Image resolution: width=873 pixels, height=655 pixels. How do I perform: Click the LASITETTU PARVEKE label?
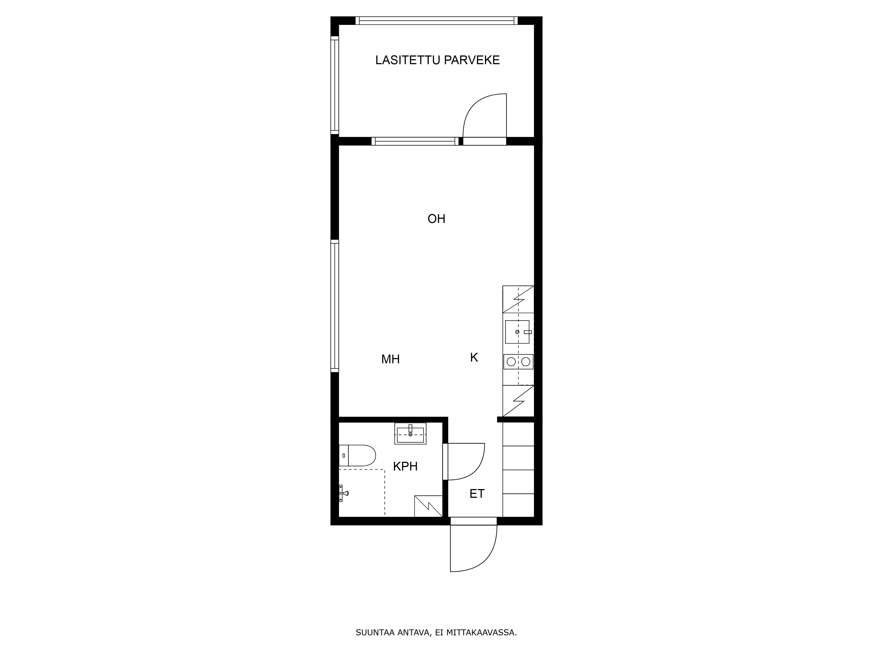click(x=437, y=60)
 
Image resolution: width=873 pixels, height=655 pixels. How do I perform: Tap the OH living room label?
click(x=436, y=219)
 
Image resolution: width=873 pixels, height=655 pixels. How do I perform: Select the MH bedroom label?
click(x=390, y=359)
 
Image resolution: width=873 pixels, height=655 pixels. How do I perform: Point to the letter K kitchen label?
click(x=474, y=358)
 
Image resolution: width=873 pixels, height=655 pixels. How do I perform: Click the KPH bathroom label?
click(x=405, y=467)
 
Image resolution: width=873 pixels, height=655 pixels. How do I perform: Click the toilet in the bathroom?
click(x=357, y=456)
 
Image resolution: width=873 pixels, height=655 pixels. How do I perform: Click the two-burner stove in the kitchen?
click(x=518, y=362)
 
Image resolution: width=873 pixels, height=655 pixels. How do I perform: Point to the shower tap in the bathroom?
click(x=343, y=493)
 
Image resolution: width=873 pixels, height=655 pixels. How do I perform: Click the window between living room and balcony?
click(x=415, y=141)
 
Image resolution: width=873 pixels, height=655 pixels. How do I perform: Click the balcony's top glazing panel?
click(x=436, y=21)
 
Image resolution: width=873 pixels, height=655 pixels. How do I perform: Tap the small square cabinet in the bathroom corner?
click(x=428, y=506)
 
